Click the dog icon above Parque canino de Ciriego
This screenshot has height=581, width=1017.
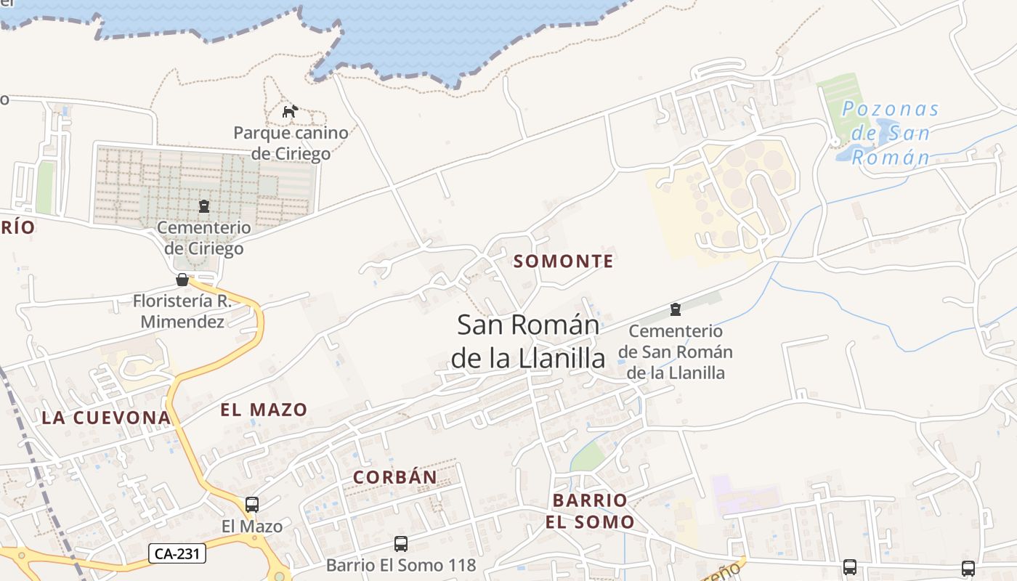[290, 111]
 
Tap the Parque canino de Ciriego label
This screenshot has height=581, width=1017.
[291, 143]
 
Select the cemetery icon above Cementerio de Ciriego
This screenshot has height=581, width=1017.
[203, 206]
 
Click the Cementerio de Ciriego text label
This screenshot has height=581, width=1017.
[204, 238]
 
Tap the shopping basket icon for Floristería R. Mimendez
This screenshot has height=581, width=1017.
[182, 280]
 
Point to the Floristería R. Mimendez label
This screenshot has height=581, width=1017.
[182, 311]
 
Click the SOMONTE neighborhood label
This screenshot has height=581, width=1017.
[564, 261]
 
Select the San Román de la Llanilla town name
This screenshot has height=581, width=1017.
[528, 341]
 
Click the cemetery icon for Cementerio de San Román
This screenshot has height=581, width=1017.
[676, 309]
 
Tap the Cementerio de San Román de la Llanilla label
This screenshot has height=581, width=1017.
[676, 352]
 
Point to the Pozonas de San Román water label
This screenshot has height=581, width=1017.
[890, 134]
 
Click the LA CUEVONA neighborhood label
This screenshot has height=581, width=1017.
[106, 418]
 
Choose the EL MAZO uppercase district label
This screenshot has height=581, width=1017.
[264, 410]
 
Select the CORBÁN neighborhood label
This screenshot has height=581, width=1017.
[395, 477]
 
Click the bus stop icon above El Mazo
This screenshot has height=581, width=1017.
[252, 504]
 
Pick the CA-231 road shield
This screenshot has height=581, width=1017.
[178, 553]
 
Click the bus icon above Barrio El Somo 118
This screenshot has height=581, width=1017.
[400, 543]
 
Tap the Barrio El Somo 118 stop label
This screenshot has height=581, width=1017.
[400, 565]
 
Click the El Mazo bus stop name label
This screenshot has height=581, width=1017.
[252, 526]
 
